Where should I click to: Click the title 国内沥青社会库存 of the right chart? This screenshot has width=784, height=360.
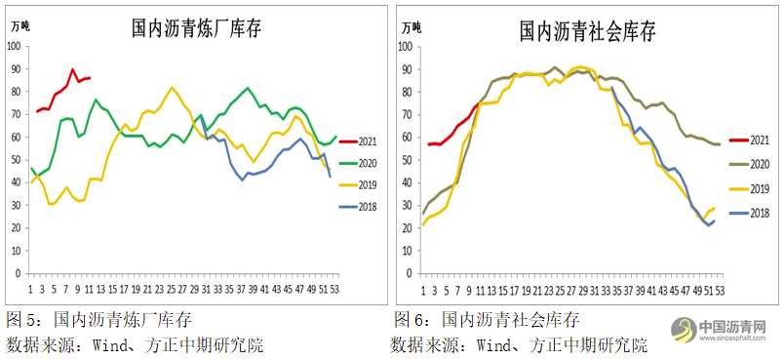pyautogui.click(x=587, y=30)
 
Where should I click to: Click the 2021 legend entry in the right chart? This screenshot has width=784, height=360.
pyautogui.click(x=745, y=142)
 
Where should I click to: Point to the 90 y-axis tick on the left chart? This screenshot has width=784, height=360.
pyautogui.click(x=17, y=69)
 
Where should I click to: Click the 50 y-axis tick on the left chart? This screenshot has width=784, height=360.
pyautogui.click(x=17, y=160)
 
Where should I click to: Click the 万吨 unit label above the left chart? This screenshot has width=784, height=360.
pyautogui.click(x=20, y=26)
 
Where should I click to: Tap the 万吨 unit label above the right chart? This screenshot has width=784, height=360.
pyautogui.click(x=411, y=26)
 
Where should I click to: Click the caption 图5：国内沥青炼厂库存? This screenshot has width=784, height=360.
pyautogui.click(x=98, y=319)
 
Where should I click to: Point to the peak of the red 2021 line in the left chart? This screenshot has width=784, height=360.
pyautogui.click(x=72, y=70)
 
